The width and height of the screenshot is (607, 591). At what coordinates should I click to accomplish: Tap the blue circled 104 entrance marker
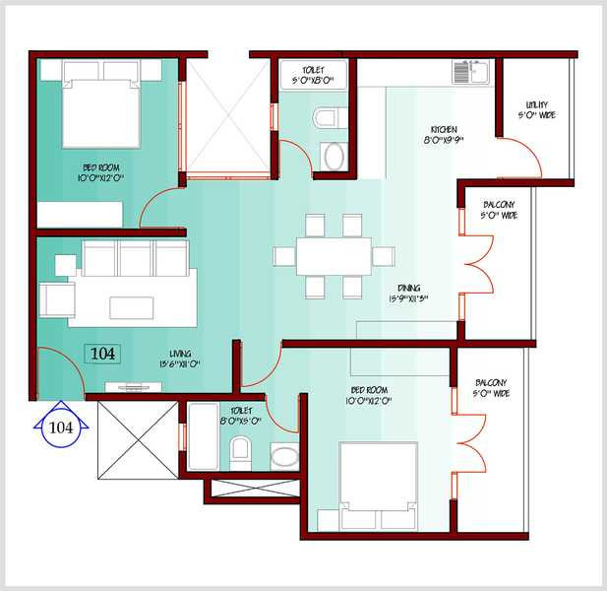(61, 427)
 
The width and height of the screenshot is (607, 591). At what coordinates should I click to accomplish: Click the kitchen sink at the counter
(471, 71)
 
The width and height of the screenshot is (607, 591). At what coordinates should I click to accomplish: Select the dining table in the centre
(334, 256)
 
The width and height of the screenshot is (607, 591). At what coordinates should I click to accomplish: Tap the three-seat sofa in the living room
(136, 258)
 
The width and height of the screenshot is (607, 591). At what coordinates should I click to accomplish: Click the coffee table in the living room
(131, 308)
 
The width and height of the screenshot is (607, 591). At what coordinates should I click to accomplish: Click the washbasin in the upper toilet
(334, 156)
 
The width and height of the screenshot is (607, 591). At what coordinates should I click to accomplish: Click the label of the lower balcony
(491, 388)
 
